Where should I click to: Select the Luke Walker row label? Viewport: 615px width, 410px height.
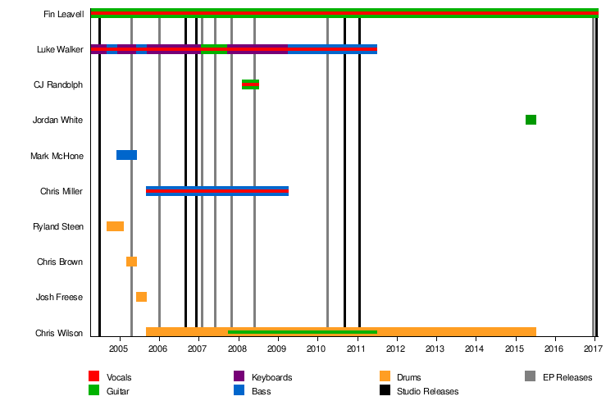[60, 49]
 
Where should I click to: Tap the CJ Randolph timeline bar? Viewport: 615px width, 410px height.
[250, 84]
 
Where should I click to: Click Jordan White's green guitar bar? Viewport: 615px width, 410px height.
[531, 120]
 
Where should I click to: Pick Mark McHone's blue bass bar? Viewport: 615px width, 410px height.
[126, 155]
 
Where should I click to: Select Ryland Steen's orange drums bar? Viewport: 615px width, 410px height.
[115, 226]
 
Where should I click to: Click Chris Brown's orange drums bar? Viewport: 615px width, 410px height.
[131, 262]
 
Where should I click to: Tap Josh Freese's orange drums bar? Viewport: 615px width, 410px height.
[141, 297]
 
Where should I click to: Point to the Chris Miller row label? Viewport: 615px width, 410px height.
[61, 191]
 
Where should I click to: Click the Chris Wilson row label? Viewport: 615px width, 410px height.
[60, 333]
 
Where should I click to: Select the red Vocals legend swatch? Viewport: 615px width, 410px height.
[93, 376]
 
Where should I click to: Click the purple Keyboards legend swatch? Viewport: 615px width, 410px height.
[239, 376]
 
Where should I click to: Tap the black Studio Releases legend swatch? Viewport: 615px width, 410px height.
[385, 391]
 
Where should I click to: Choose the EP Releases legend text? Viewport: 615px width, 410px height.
[567, 377]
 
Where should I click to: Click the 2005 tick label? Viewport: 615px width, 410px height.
[119, 349]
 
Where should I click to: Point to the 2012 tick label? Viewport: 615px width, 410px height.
[396, 349]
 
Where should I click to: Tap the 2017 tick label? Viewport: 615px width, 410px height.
[593, 349]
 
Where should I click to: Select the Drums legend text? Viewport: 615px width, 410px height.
[409, 377]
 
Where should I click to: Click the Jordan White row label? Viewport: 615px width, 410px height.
[57, 120]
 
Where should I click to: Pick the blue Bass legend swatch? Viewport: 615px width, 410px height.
[239, 391]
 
